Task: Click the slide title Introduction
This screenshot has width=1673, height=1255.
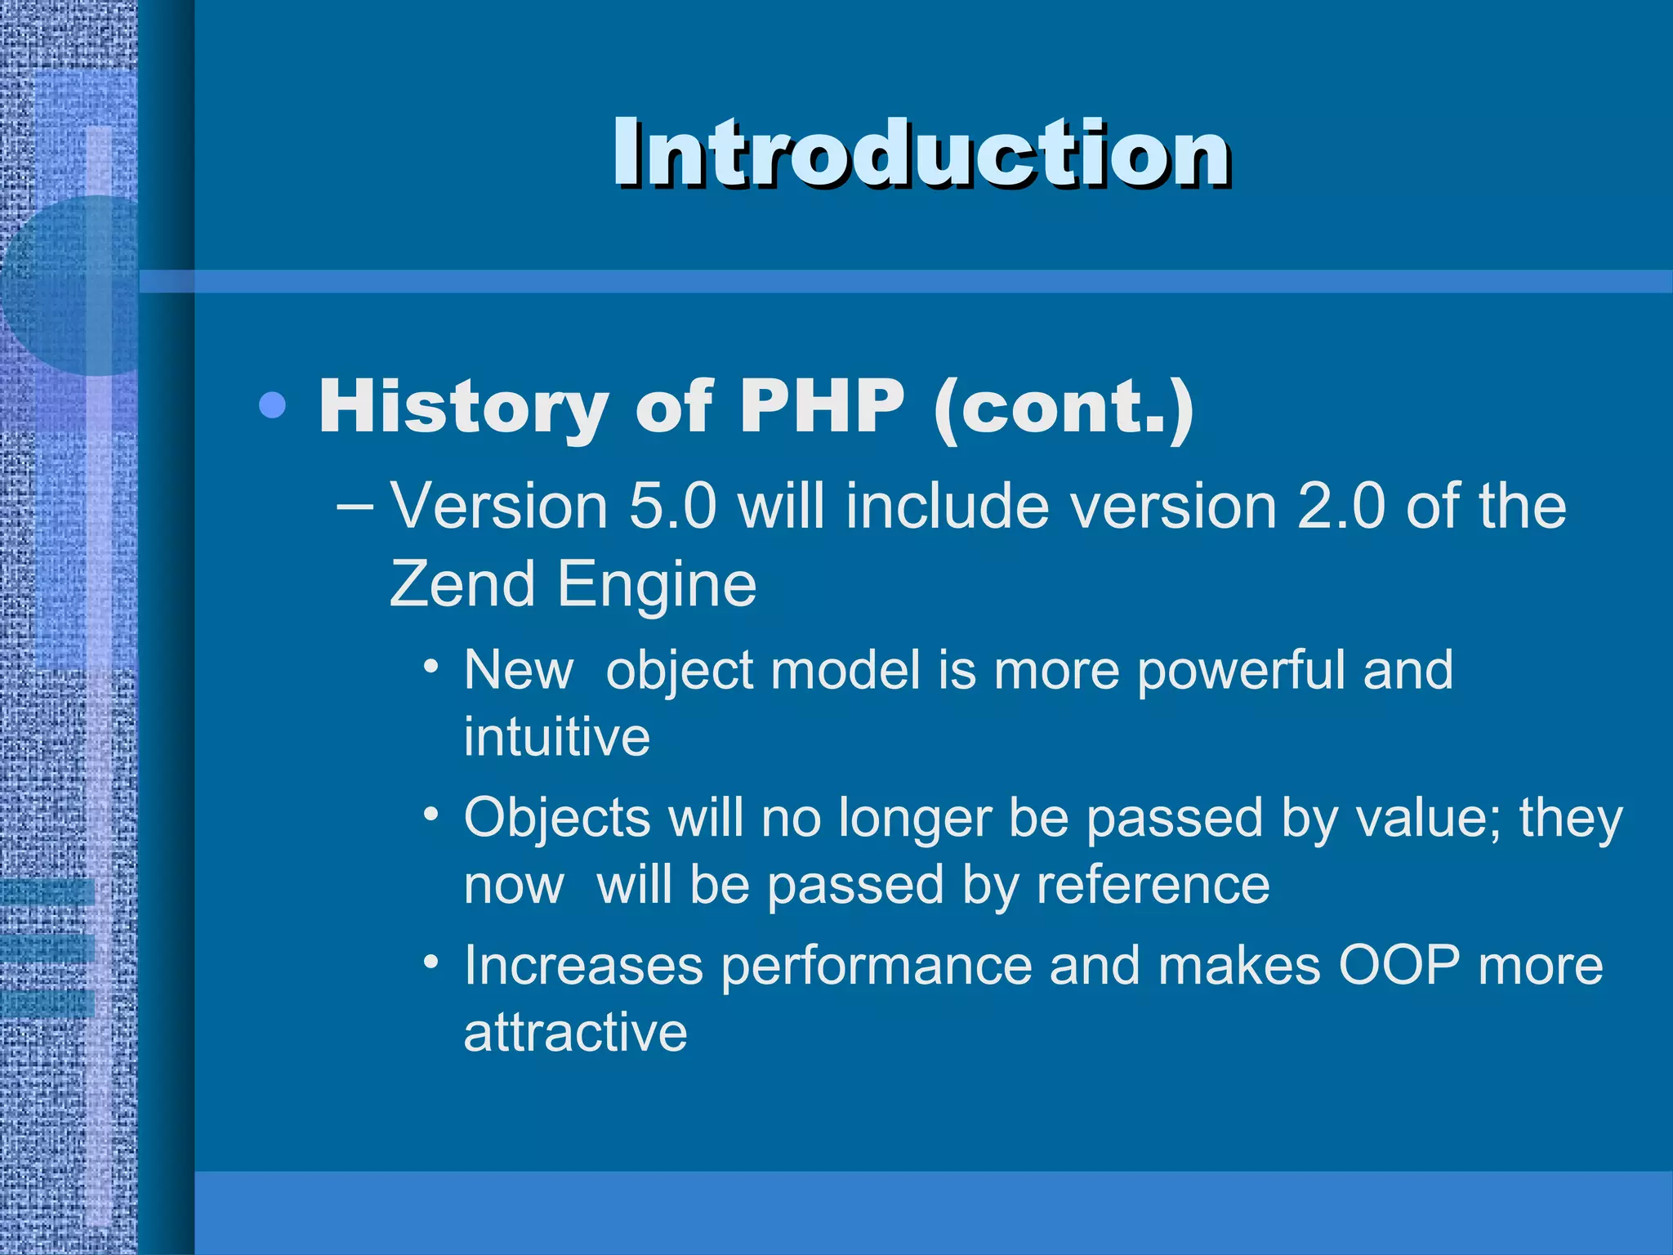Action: point(921,153)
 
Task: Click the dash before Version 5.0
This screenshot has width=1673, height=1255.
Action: point(355,507)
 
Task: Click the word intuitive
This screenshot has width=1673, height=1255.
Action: point(556,736)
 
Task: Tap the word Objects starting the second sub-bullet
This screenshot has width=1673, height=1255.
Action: point(556,819)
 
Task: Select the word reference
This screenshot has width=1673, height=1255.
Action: point(1153,885)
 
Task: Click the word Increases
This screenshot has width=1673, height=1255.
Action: point(583,965)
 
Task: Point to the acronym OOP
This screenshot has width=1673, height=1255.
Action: point(1399,965)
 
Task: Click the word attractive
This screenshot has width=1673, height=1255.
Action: point(575,1032)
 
